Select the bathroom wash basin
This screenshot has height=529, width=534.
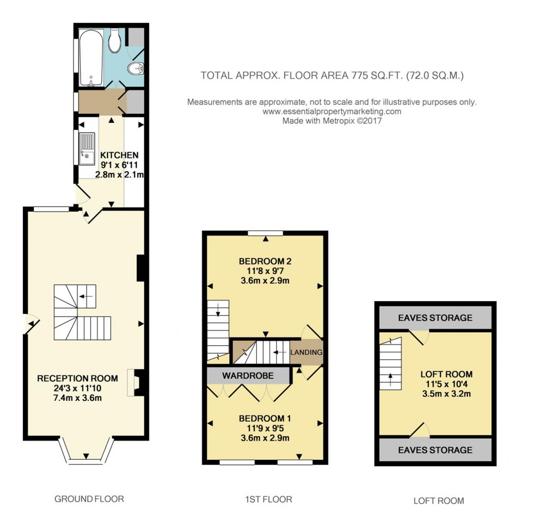click(135, 69)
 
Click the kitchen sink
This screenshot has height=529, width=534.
click(87, 149)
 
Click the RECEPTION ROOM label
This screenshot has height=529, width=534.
click(77, 378)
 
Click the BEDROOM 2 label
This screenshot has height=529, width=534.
click(265, 260)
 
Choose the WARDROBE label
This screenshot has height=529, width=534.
click(247, 375)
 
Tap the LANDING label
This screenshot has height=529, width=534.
click(306, 352)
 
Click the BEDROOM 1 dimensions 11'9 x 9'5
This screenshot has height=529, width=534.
click(265, 428)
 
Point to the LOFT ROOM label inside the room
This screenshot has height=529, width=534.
click(446, 374)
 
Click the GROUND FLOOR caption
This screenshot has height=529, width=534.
click(89, 498)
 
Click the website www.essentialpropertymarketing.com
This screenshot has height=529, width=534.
click(332, 111)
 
